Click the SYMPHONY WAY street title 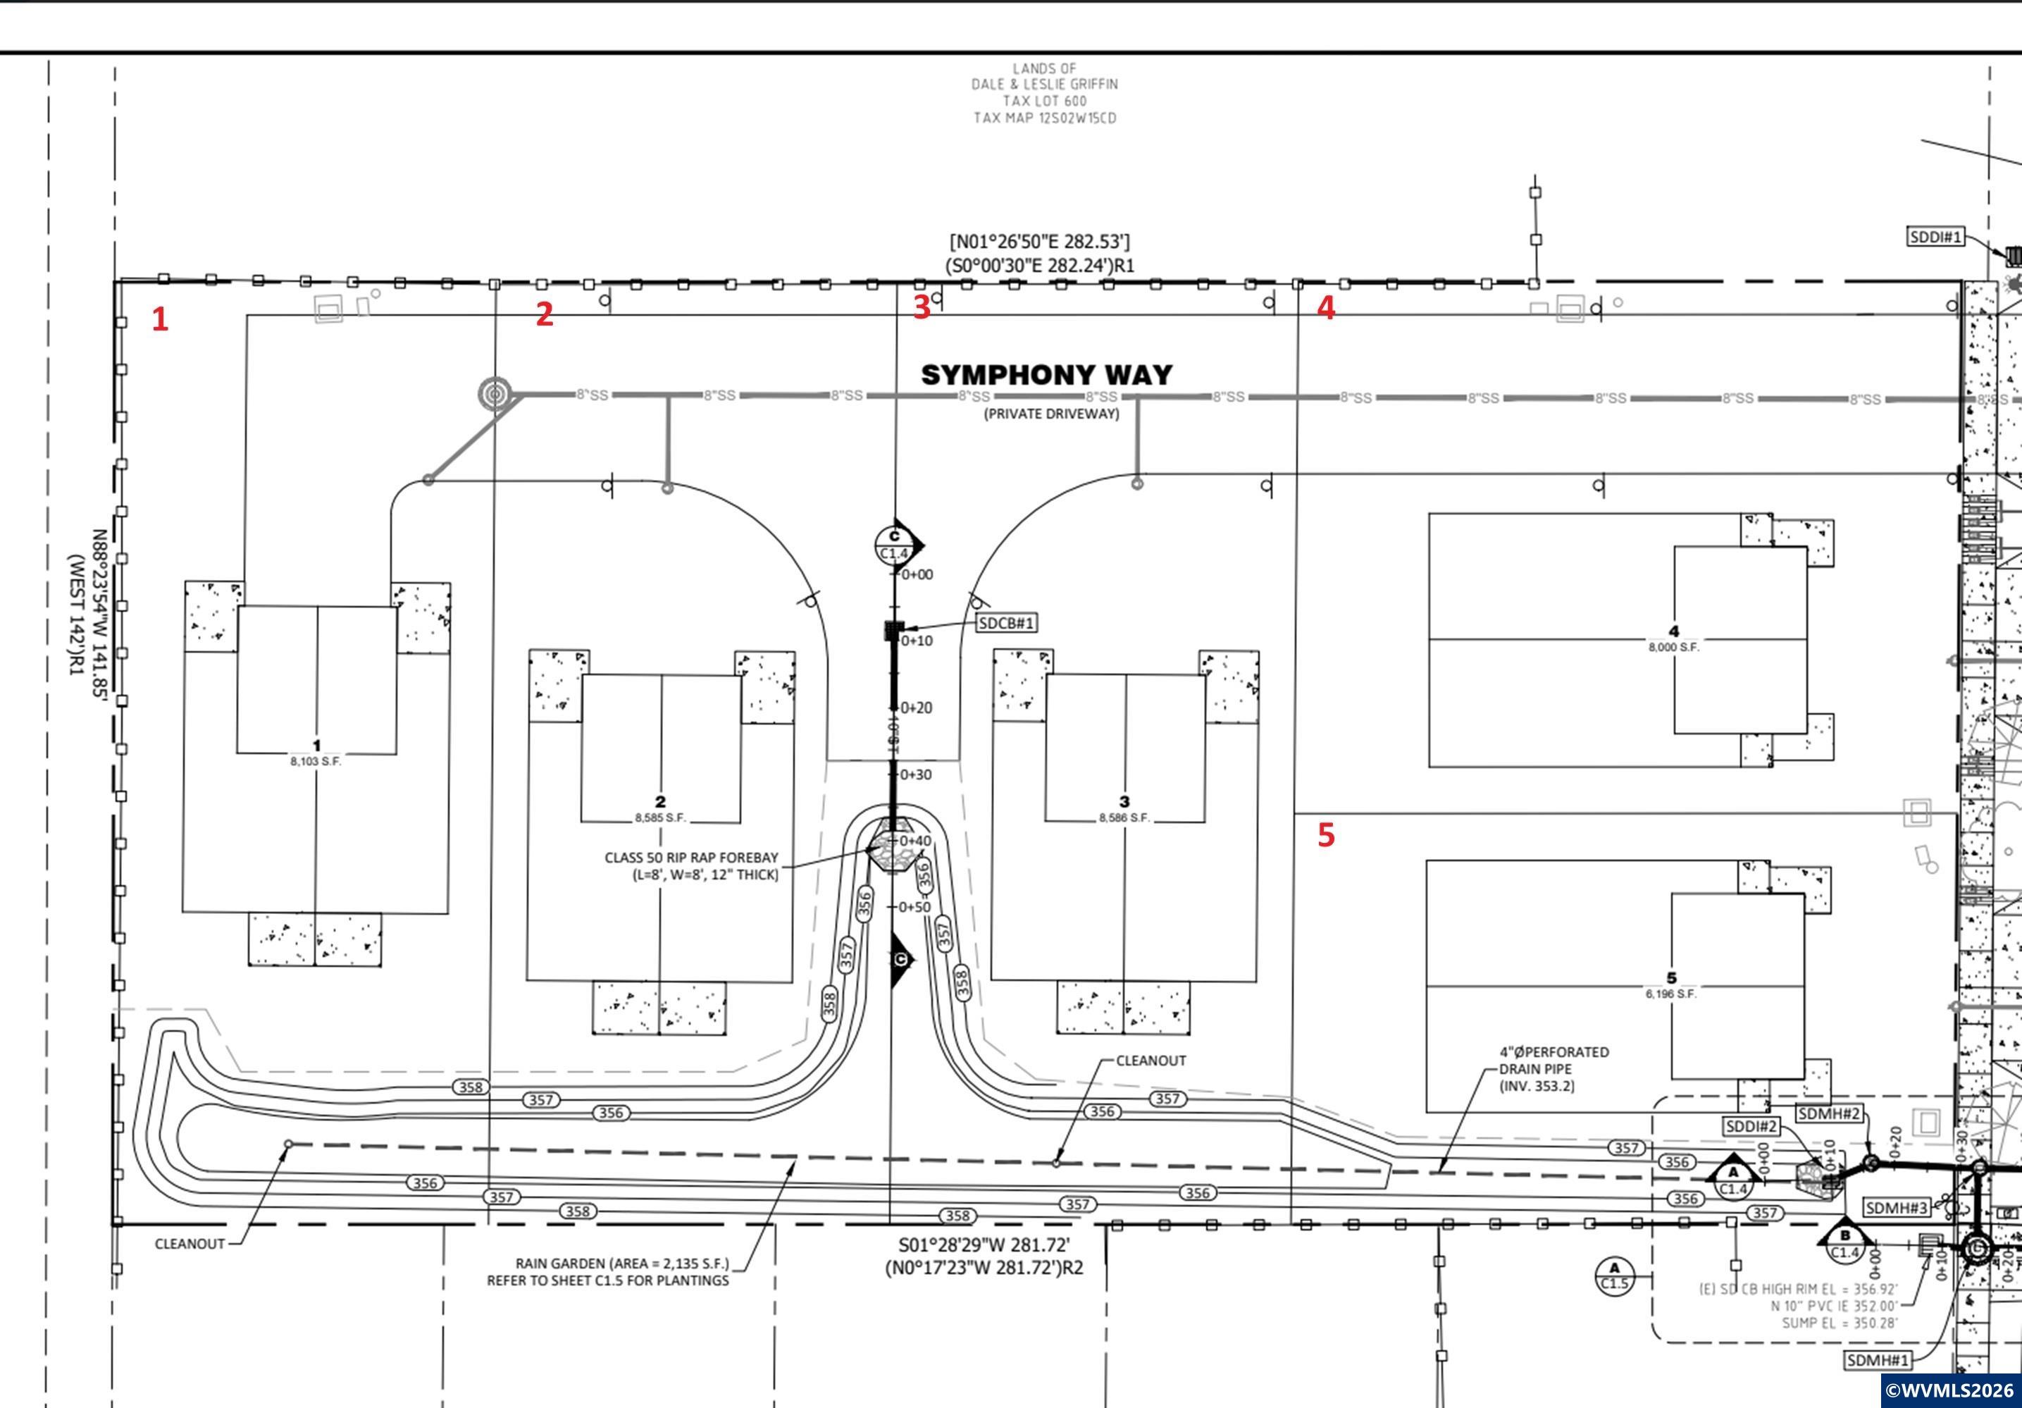click(1046, 376)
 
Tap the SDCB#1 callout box click(1006, 623)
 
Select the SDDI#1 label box click(1936, 237)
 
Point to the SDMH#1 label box click(1878, 1359)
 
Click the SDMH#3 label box click(1896, 1207)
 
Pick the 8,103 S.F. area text click(316, 761)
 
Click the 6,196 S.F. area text click(1670, 994)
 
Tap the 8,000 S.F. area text click(1673, 647)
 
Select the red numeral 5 click(1325, 834)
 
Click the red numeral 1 click(159, 319)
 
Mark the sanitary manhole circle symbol click(495, 394)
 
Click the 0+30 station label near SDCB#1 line click(915, 774)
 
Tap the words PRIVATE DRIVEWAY click(1050, 413)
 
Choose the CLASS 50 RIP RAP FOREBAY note click(691, 865)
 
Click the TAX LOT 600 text click(1044, 101)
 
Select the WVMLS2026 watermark click(1950, 1390)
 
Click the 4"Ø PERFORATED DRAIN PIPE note click(1553, 1069)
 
